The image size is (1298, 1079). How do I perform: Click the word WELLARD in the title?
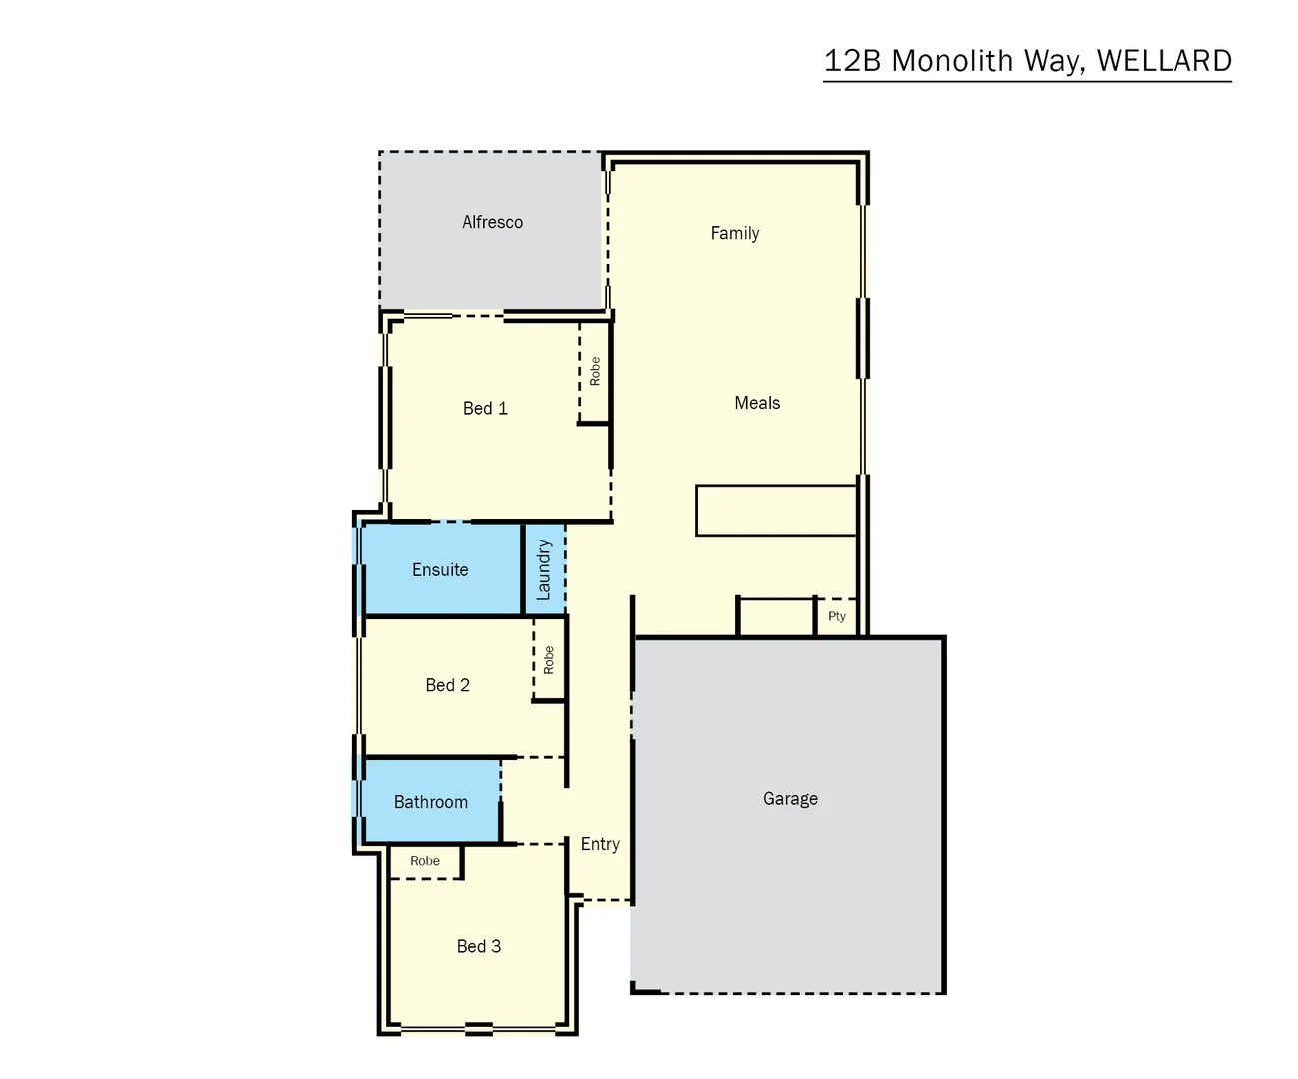1164,61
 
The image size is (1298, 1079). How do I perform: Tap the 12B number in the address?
852,61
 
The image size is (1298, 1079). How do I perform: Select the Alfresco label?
492,222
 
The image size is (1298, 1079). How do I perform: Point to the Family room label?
735,233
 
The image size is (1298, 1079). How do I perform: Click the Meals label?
757,403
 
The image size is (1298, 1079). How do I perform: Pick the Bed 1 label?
485,408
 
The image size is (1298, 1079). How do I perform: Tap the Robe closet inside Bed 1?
595,372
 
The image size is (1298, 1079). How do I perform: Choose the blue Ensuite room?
440,569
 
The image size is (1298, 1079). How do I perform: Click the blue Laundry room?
544,569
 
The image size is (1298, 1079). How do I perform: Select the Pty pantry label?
837,616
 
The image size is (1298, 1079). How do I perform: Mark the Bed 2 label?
447,685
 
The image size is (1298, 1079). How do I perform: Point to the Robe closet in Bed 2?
549,659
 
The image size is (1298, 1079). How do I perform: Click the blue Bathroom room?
430,802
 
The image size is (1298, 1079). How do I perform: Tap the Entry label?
600,844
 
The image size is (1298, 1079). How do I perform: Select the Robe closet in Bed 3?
425,861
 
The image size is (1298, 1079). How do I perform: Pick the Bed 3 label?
479,946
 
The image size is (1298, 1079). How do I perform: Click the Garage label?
790,799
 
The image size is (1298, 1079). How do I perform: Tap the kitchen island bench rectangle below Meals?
776,510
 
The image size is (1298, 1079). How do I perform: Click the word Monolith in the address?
952,61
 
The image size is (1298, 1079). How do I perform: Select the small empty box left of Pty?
776,616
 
